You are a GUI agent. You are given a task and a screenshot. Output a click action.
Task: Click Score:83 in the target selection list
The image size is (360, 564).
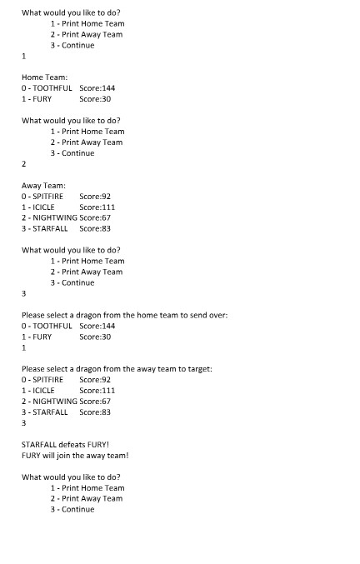tap(95, 412)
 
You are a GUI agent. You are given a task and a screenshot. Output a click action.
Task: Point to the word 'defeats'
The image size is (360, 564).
tap(72, 445)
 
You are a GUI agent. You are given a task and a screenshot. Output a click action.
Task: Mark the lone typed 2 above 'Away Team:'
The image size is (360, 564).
tap(24, 164)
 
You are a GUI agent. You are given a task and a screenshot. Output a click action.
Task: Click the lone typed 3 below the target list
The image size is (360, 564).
tap(24, 423)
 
